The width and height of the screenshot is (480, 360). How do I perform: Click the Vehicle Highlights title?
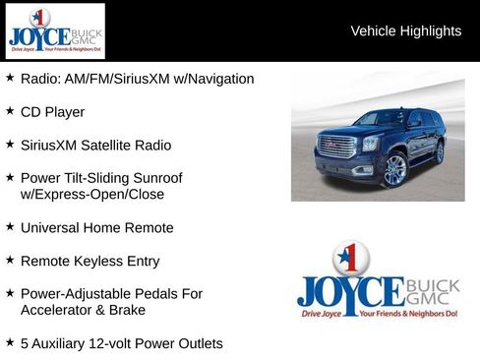(405, 31)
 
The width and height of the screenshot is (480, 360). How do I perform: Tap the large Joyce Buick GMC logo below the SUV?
(378, 284)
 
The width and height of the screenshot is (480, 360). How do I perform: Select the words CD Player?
(52, 112)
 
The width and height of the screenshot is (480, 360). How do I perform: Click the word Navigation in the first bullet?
(219, 79)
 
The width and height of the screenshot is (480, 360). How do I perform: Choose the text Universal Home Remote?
(96, 228)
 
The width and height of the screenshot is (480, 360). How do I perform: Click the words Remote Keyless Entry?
(90, 262)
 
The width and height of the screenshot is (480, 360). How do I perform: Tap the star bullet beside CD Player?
(10, 111)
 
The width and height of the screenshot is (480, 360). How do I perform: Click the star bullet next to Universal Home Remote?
(10, 227)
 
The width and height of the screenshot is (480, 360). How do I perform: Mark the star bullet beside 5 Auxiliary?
(10, 343)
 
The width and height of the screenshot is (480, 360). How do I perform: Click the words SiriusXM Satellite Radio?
(95, 146)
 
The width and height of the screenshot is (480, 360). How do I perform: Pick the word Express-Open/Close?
(91, 195)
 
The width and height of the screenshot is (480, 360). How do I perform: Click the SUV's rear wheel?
(440, 153)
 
